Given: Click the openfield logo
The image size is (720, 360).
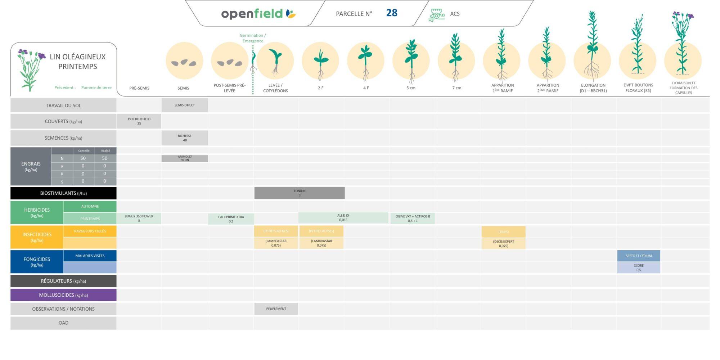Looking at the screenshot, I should tap(258, 14).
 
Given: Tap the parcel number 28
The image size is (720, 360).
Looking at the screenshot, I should tap(391, 13).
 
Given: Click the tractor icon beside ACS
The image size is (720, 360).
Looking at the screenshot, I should tap(436, 15).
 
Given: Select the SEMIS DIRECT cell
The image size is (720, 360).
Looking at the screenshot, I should tap(185, 105).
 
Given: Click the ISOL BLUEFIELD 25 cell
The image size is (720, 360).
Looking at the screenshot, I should tap(139, 121).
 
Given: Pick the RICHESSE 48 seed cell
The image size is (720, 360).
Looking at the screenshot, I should tap(185, 138).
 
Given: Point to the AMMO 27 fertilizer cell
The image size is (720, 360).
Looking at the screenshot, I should tap(185, 158).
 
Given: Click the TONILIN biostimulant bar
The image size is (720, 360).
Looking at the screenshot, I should tap(299, 193).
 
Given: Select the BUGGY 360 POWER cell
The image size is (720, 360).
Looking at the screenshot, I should tap(139, 218).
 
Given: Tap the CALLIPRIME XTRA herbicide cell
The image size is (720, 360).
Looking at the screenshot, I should tap(231, 219).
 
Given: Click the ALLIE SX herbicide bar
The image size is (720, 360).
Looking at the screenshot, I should tap(343, 217).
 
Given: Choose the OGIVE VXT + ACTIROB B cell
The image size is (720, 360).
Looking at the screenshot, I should tap(413, 218).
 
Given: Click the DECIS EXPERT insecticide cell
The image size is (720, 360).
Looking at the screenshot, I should tap(503, 243).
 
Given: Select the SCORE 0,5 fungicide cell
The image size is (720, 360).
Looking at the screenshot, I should tap(638, 267).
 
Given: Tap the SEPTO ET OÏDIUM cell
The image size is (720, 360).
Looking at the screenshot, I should tap(638, 256).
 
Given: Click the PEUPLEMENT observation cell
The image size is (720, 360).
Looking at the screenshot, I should tap(276, 309).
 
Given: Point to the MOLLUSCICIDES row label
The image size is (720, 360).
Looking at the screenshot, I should tap(63, 295).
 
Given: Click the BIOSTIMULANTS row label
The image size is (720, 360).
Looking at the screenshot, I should tap(63, 193).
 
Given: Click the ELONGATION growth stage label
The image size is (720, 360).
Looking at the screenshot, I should tap(593, 88).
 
